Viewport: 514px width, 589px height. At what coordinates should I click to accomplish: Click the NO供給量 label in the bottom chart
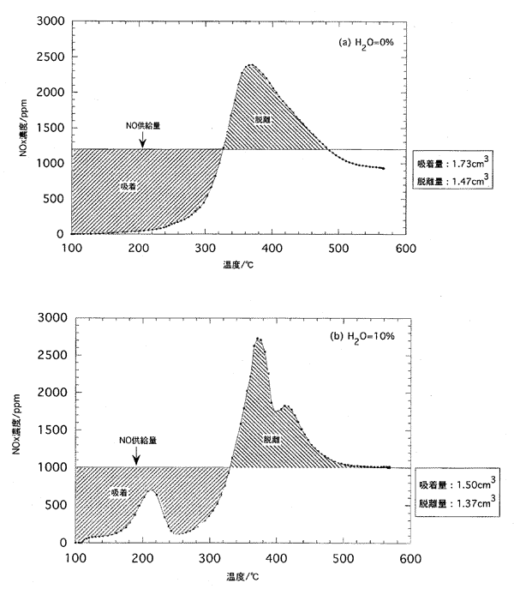point(137,440)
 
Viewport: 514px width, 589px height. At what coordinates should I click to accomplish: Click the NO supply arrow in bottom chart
point(136,456)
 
